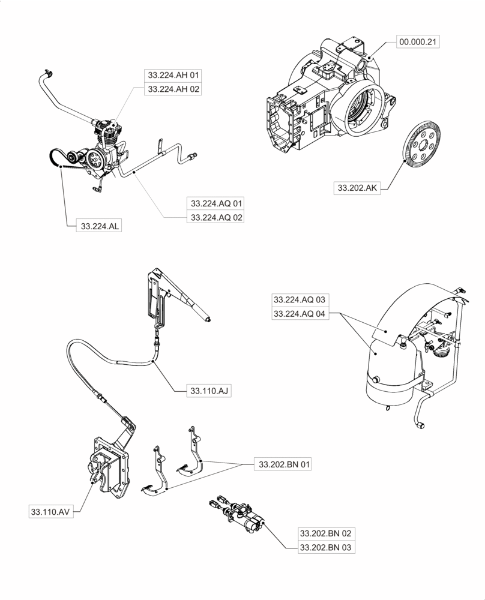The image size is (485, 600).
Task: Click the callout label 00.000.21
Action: tap(418, 43)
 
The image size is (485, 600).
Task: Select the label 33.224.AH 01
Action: tap(173, 76)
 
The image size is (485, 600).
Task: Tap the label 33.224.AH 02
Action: tap(173, 89)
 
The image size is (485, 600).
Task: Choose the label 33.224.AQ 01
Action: tap(216, 203)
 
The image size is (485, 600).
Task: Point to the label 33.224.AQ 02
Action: tap(216, 217)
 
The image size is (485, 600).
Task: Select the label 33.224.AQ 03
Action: tap(301, 299)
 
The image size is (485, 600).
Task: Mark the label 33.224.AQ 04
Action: tap(301, 313)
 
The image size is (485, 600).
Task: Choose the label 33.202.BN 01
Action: tap(285, 464)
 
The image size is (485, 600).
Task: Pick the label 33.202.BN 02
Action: tap(325, 533)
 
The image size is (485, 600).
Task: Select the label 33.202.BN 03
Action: tap(325, 547)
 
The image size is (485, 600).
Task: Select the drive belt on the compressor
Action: tap(56, 159)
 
